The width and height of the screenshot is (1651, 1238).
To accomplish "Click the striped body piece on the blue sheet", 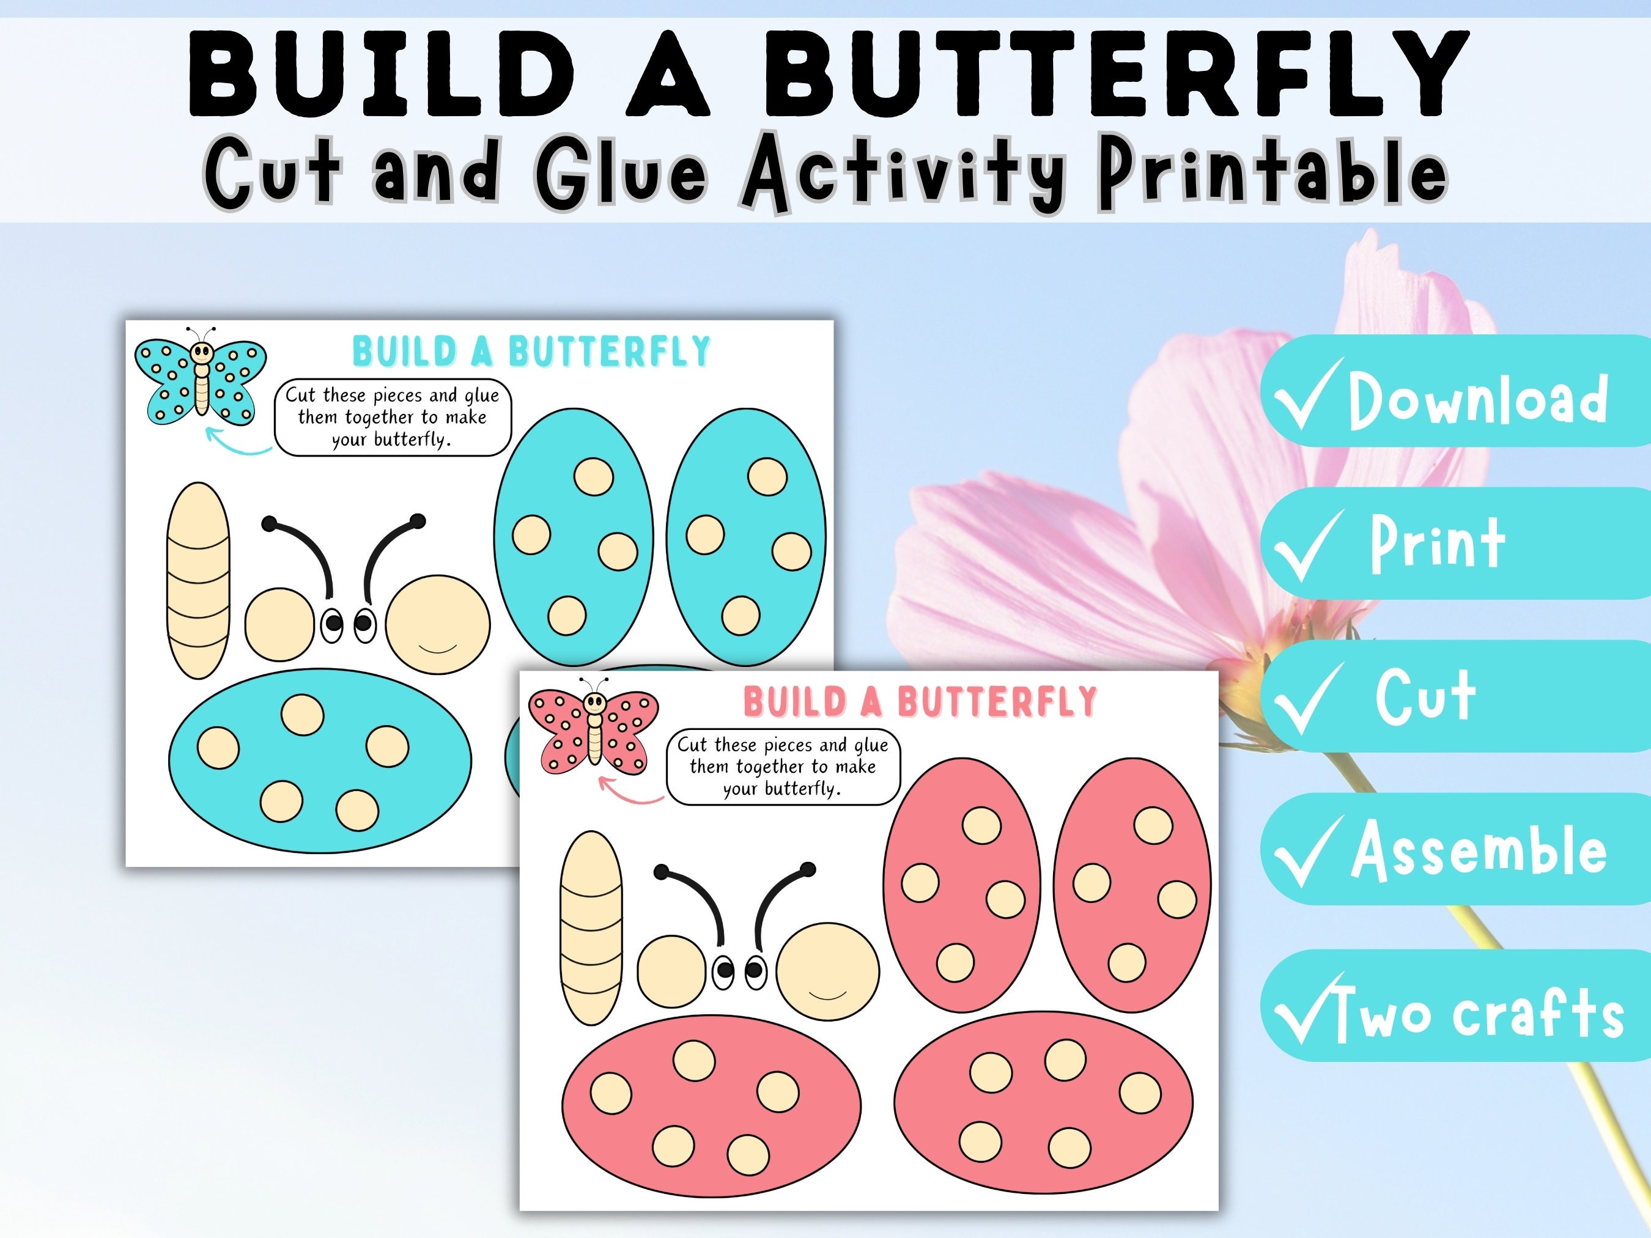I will [198, 581].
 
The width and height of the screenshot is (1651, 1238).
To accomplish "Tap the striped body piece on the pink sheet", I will [591, 927].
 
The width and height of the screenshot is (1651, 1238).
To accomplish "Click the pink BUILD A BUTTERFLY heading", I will [920, 701].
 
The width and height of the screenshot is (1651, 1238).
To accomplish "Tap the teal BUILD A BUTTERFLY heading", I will [531, 352].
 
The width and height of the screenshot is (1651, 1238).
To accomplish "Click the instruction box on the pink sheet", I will [783, 767].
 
